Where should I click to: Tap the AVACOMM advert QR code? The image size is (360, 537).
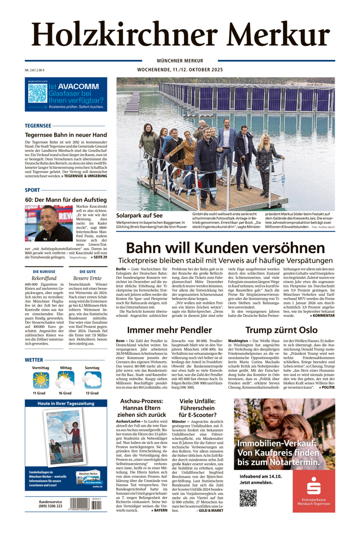[37, 93]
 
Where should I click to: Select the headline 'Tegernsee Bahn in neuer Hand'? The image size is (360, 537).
[66, 135]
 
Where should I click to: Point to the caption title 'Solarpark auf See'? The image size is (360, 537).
[139, 216]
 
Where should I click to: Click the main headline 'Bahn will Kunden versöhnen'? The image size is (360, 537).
[225, 248]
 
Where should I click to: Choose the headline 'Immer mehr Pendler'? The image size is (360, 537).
[169, 330]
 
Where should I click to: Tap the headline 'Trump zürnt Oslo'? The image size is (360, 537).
[281, 330]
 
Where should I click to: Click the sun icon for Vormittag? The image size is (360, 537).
[41, 380]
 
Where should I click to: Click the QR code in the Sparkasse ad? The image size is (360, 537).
[248, 498]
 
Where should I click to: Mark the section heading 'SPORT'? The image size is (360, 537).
[32, 190]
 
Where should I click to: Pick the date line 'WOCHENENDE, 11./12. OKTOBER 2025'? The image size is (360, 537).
[180, 70]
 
